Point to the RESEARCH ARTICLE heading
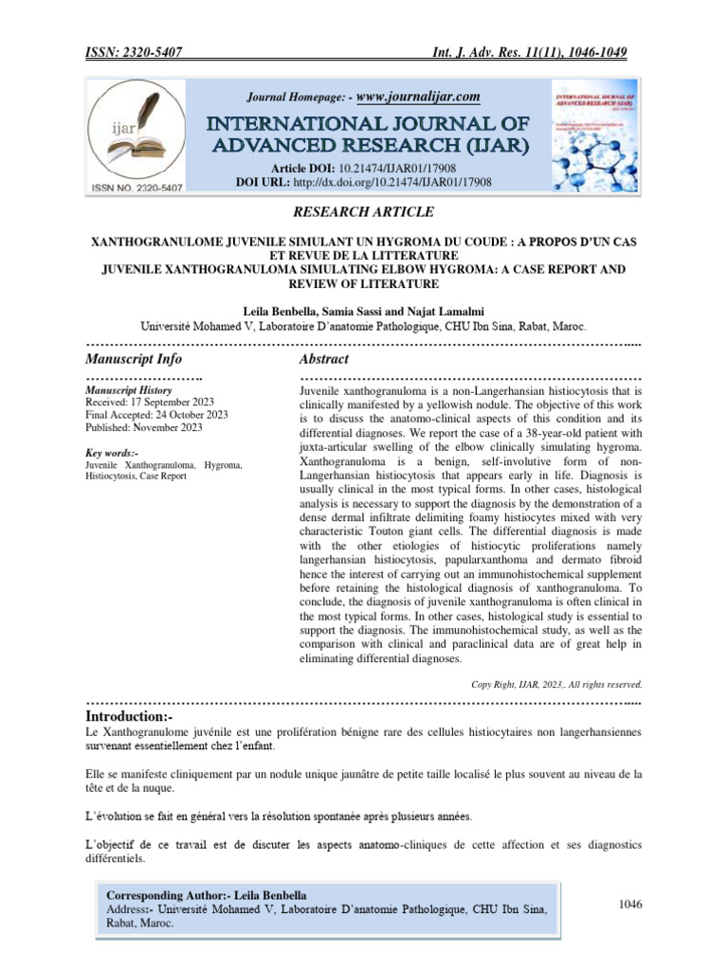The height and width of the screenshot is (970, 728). (x=363, y=212)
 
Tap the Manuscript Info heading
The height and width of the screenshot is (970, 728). (x=134, y=359)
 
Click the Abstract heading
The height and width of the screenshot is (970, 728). (x=324, y=359)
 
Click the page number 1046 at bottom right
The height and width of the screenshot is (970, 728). (x=630, y=905)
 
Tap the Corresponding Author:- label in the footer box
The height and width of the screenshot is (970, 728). (x=169, y=894)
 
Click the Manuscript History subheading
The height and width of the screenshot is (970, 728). (x=128, y=389)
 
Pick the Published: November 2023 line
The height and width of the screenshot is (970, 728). (x=143, y=427)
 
